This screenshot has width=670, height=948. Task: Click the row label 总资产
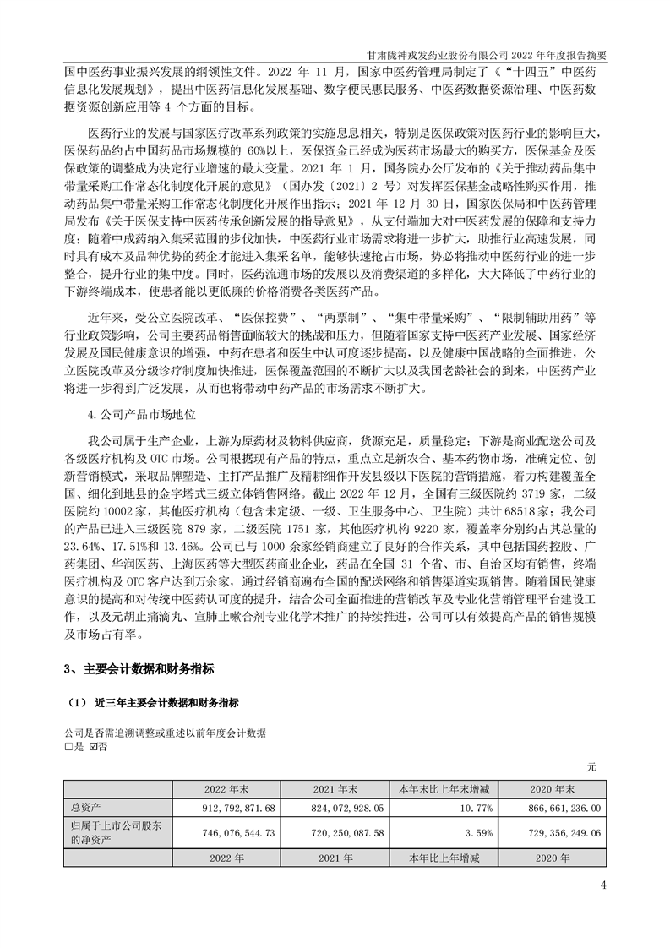[83, 808]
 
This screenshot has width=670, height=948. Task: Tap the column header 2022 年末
[226, 789]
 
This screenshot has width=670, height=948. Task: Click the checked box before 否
[92, 747]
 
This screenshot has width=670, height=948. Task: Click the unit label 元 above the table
[592, 767]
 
